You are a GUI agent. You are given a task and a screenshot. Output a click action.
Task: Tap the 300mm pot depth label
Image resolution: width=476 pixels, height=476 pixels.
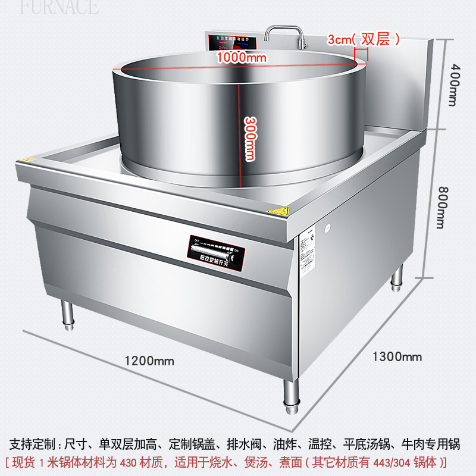(250, 138)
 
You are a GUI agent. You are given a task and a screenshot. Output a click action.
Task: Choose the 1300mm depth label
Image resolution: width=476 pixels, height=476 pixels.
(397, 356)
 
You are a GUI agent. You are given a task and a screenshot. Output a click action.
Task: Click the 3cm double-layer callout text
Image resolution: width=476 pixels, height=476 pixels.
(363, 39)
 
